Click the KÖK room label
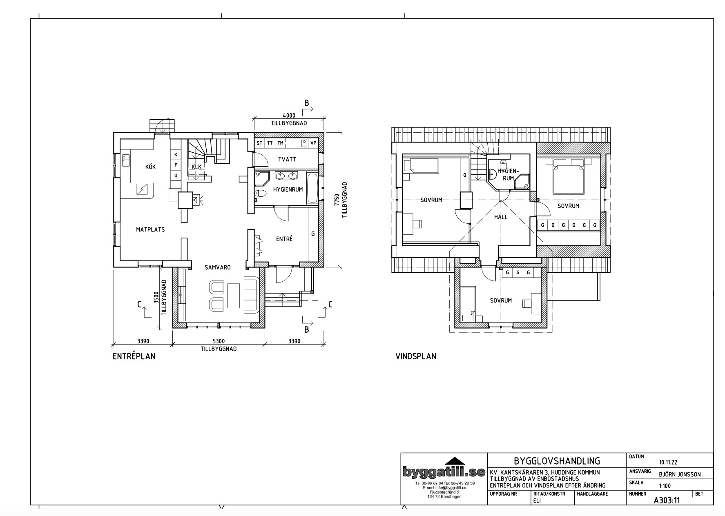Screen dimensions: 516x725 150,167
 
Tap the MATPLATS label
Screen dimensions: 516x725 150,230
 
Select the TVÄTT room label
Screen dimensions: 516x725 288,160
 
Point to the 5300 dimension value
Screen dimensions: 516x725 219,341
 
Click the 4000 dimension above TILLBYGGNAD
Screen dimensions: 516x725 289,116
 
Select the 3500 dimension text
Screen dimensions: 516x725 156,297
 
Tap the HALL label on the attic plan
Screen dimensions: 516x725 501,217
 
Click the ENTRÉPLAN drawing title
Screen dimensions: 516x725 134,356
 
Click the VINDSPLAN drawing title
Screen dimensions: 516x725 416,356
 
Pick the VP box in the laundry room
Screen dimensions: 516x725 313,143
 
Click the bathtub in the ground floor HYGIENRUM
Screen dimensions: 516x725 312,188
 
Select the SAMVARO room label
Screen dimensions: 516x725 218,267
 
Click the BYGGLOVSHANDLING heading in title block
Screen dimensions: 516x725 557,461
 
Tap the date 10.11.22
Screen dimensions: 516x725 668,463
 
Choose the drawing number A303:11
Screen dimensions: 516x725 667,500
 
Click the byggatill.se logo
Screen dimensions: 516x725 444,472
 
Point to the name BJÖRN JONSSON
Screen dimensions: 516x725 680,474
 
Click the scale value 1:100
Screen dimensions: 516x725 665,486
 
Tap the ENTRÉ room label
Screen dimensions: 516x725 284,239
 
